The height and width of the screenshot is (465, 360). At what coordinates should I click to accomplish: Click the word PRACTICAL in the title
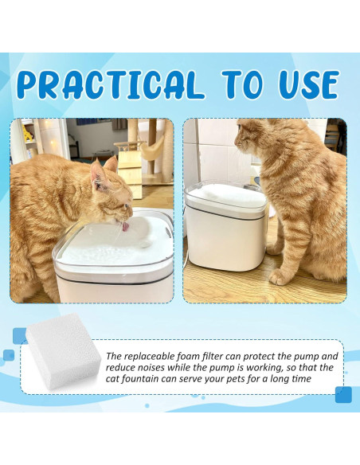110,84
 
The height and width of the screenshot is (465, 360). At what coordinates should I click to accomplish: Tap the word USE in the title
310,84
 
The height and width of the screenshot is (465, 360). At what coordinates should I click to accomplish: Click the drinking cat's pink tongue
125,227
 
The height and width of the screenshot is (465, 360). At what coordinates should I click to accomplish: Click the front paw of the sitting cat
278,277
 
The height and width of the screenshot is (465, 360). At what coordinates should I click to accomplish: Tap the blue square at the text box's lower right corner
343,394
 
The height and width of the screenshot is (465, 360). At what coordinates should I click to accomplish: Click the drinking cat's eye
127,205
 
